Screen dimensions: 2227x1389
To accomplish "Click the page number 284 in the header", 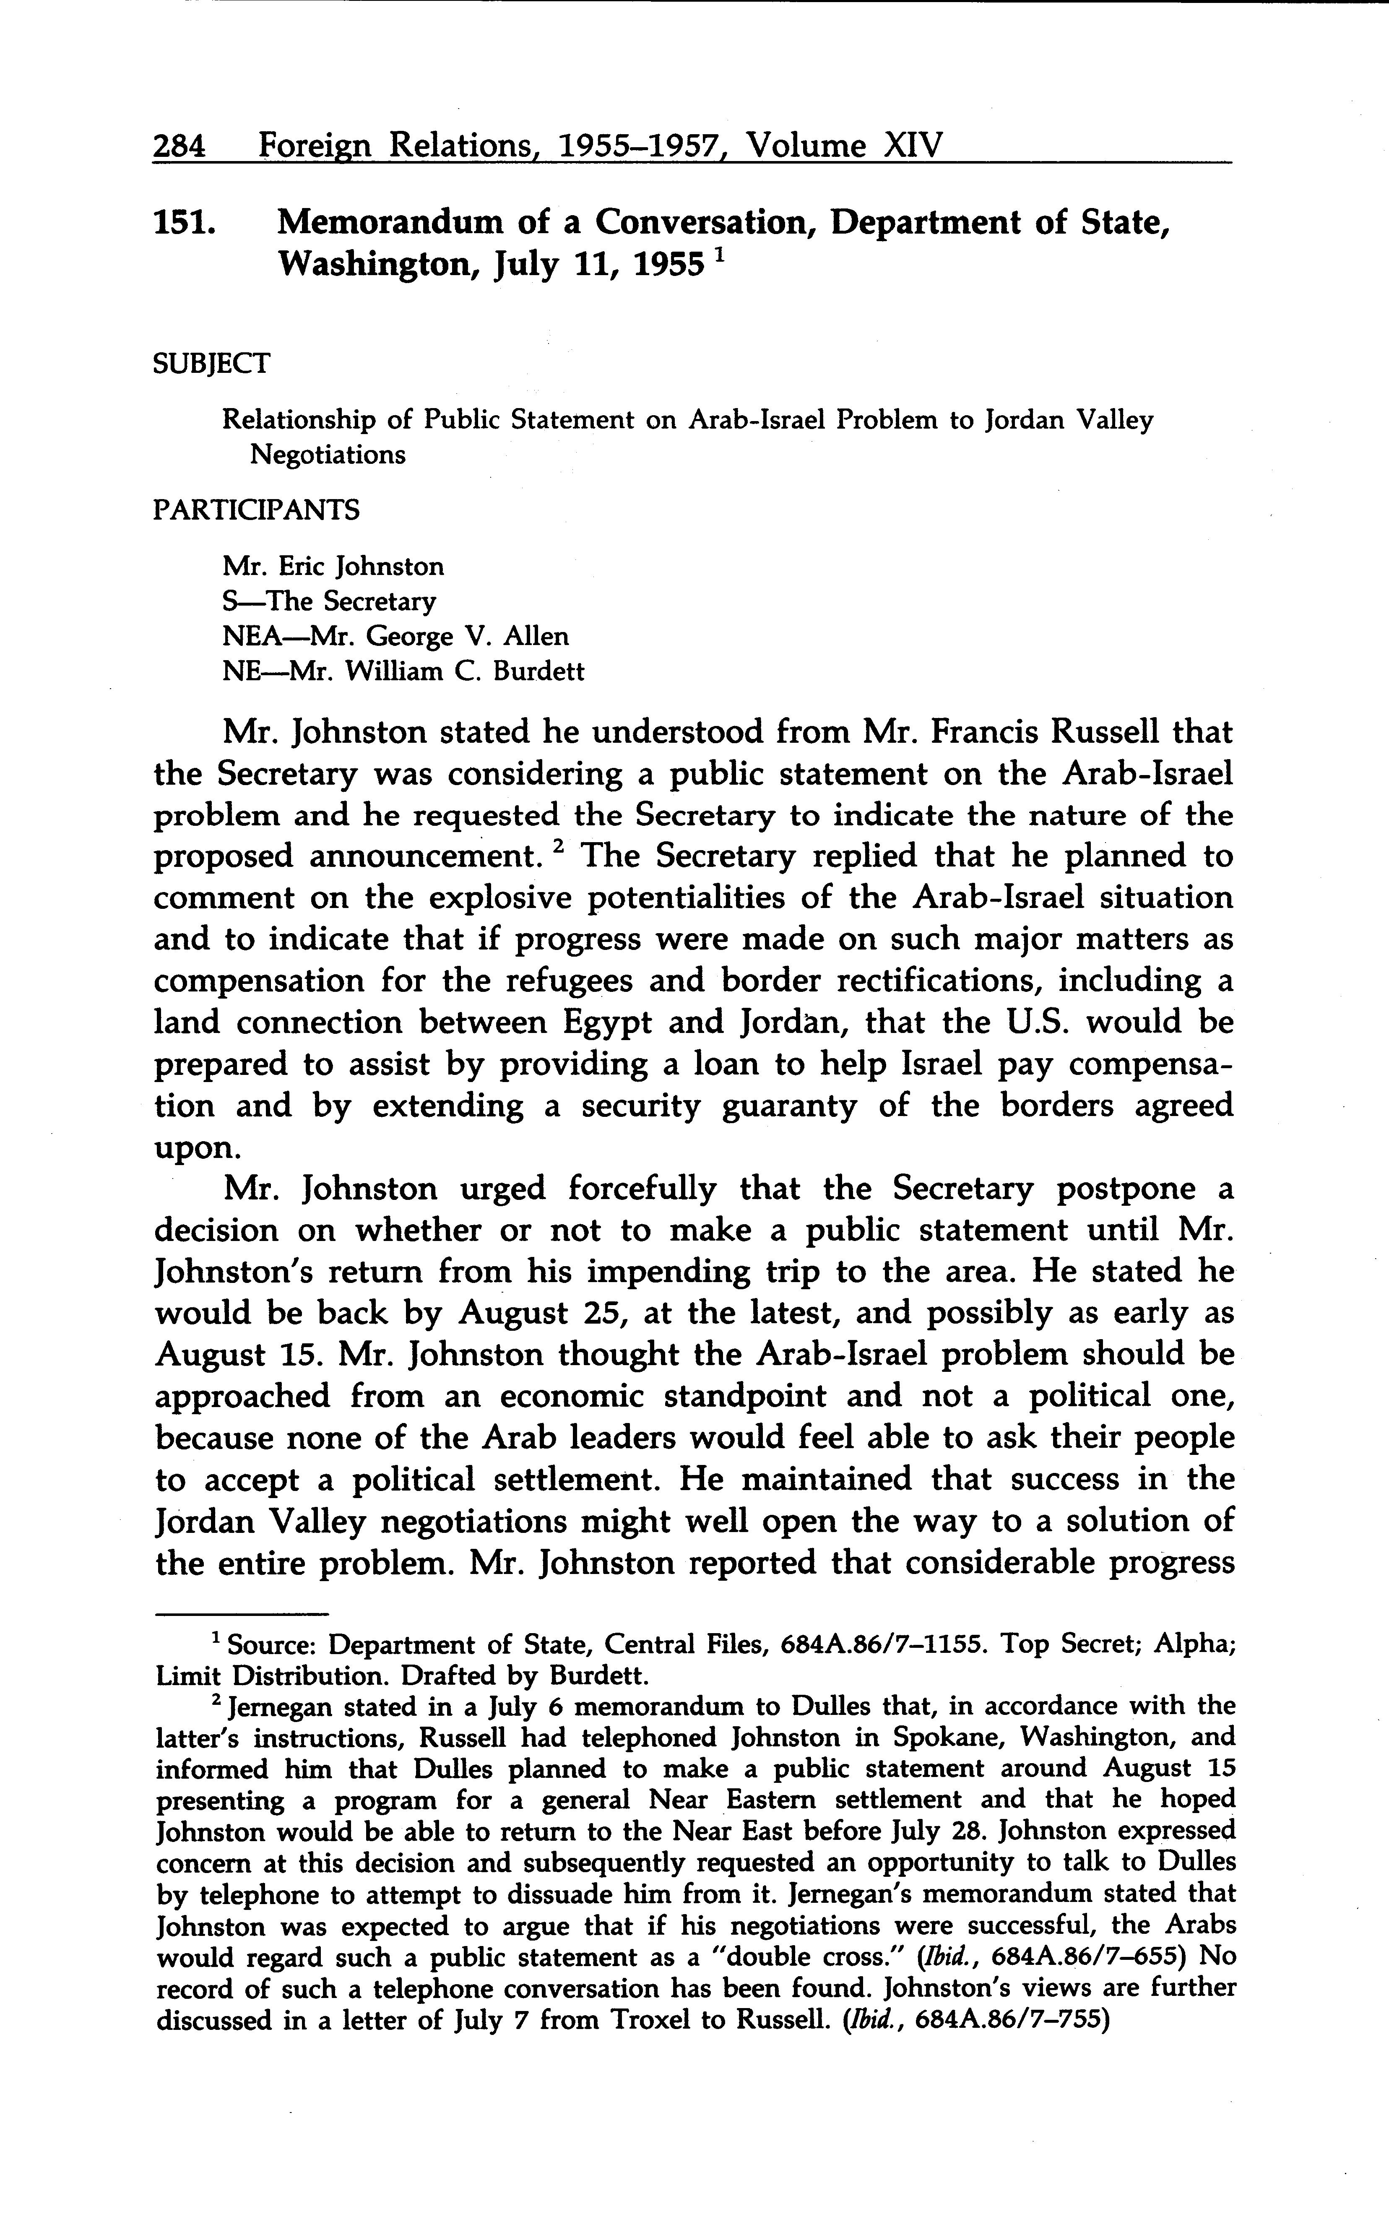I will (x=180, y=146).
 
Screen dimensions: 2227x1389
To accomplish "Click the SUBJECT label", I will (x=211, y=364).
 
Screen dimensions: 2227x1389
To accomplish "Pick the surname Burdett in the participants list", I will (x=538, y=671).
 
